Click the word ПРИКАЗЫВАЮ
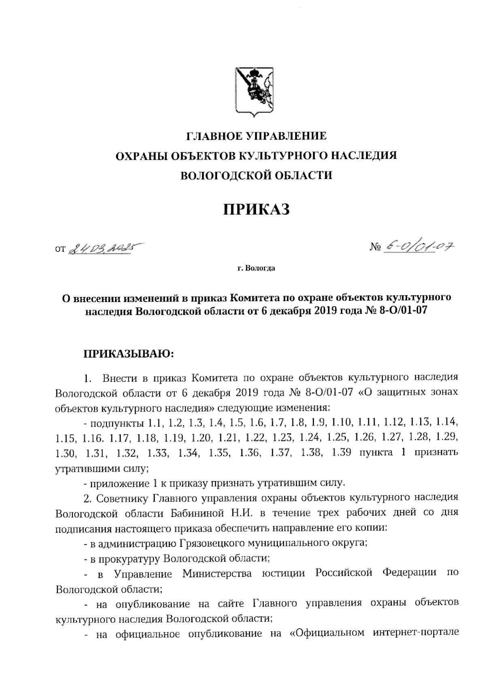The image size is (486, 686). (x=128, y=354)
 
